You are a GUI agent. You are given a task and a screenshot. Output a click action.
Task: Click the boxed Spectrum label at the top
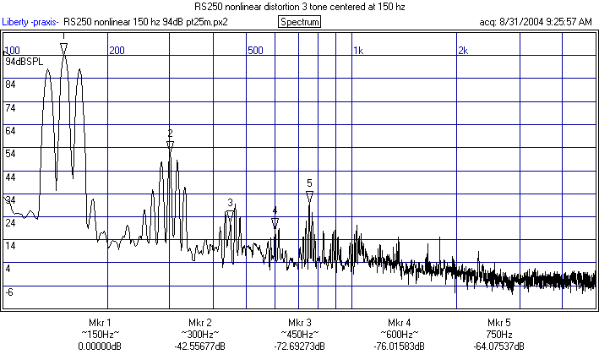(299, 21)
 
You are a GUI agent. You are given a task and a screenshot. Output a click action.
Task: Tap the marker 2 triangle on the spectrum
(170, 145)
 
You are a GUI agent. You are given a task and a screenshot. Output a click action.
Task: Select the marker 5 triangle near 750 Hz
(309, 195)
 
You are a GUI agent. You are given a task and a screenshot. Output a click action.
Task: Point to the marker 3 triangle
(230, 215)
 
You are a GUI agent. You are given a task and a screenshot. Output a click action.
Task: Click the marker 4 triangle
(275, 222)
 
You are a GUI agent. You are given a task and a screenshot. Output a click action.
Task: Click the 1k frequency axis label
(357, 50)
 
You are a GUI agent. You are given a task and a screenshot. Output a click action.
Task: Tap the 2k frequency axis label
(462, 50)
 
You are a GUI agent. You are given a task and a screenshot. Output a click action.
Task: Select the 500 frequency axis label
(255, 50)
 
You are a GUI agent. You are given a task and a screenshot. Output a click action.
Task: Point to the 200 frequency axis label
(117, 50)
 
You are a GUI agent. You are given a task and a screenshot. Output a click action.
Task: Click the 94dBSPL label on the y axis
(24, 62)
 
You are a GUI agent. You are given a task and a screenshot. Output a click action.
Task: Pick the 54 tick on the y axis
(11, 154)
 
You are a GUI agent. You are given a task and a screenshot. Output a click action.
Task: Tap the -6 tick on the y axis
(10, 292)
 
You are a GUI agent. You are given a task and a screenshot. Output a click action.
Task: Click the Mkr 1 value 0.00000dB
(100, 346)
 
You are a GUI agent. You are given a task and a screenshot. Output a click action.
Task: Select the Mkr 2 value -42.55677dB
(200, 346)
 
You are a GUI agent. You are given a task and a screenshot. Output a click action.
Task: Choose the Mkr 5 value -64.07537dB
(498, 346)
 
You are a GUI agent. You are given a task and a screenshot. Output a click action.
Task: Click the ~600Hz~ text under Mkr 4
(400, 335)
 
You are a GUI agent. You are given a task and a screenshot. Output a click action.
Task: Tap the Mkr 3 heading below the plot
(300, 323)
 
